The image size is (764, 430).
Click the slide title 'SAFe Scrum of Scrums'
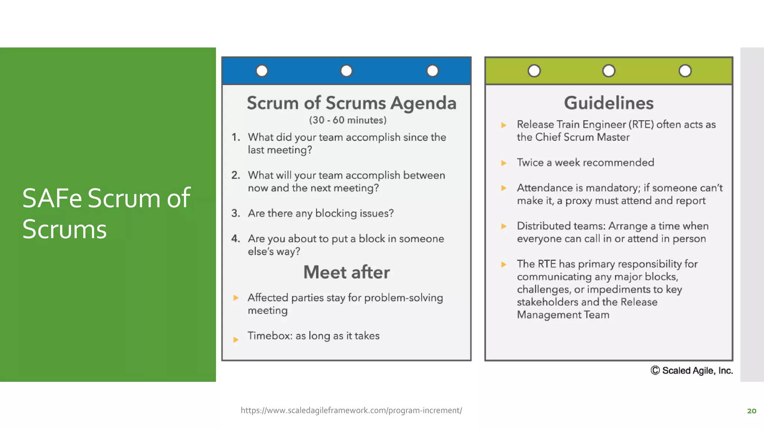coord(106,213)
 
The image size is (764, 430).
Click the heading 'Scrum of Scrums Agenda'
coord(351,103)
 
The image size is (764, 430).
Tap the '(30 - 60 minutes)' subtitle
coord(348,120)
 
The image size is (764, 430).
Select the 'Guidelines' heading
coord(608,103)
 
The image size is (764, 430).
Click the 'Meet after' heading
coord(346,272)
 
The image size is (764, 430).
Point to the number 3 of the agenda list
coord(235,213)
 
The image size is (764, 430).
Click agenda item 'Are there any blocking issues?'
coord(321,213)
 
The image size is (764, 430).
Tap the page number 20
coord(751,411)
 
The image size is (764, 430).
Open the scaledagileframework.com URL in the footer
coord(351,410)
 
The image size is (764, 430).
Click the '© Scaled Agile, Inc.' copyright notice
coord(692,370)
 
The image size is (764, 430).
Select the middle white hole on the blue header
coord(346,71)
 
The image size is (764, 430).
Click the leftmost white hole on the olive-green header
coord(534,71)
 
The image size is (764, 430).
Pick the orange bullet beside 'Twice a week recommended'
coord(504,163)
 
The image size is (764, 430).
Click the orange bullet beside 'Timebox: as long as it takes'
coord(236,339)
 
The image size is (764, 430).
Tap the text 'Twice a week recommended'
coord(585,162)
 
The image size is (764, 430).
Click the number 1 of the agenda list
coord(235,137)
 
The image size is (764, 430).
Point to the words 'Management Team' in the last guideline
coord(563,315)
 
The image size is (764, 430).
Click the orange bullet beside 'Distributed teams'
coord(504,226)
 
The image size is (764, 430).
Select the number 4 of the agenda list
coord(235,239)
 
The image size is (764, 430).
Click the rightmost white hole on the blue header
coord(432,71)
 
